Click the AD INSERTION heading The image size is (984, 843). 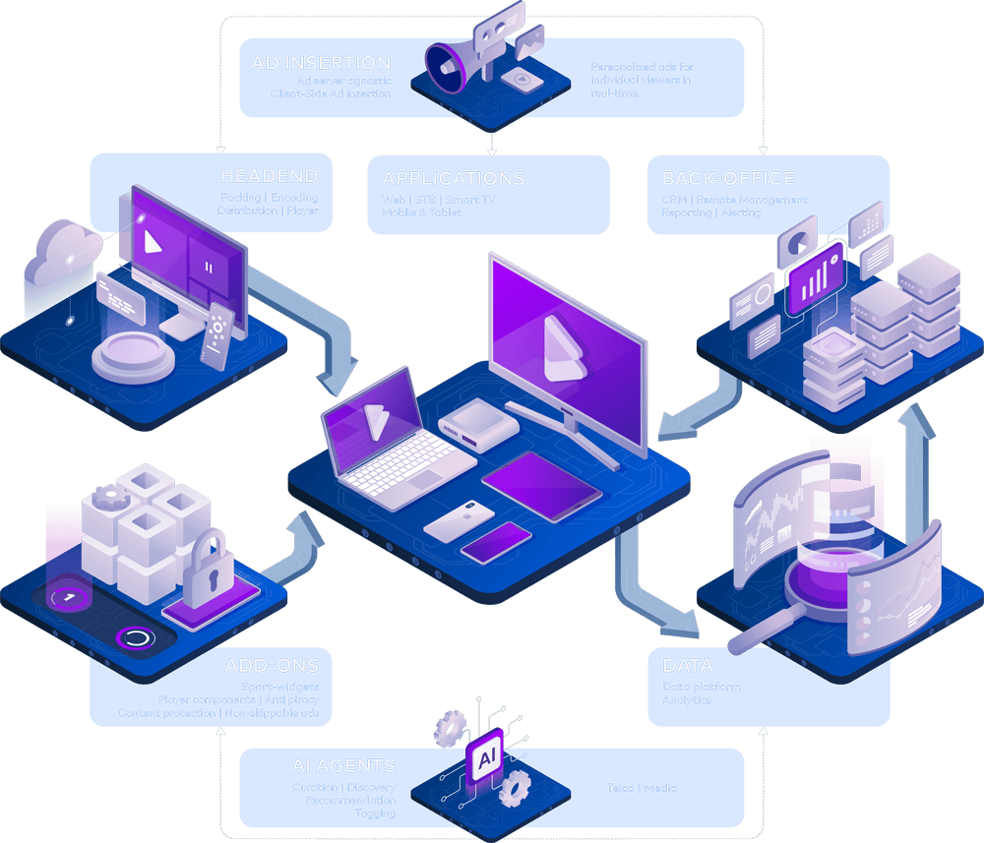click(x=321, y=63)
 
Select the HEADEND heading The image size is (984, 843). click(x=269, y=176)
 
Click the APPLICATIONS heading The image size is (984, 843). click(x=453, y=179)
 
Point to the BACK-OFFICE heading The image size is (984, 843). click(x=728, y=179)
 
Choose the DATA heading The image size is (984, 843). click(x=688, y=666)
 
